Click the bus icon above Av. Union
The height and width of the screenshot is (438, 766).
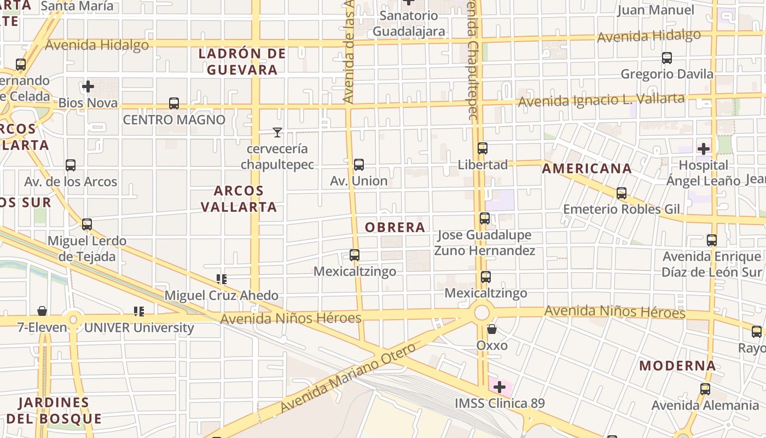359,164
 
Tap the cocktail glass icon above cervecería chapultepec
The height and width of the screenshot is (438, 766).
277,132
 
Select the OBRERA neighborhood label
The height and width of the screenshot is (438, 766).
394,227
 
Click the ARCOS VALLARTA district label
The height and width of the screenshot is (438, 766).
239,199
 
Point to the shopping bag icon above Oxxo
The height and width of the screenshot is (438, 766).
492,329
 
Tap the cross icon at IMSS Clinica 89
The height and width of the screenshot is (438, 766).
499,387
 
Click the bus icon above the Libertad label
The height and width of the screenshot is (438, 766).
482,148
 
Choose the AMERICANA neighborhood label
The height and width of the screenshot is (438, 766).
587,169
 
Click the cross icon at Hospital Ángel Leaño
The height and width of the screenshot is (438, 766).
704,148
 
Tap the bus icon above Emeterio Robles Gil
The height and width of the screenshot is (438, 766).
622,193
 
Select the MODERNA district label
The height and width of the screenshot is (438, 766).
677,366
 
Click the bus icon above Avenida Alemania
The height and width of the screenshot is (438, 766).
705,389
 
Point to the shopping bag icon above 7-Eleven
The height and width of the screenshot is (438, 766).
42,311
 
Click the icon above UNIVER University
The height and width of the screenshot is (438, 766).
139,312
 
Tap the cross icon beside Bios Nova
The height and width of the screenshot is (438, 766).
88,87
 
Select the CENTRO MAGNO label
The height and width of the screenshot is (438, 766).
174,119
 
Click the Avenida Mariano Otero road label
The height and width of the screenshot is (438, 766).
349,378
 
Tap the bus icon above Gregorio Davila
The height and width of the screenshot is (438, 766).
667,57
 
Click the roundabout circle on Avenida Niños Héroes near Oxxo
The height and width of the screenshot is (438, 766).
481,313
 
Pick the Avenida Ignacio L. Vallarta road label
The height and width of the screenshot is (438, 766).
601,100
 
